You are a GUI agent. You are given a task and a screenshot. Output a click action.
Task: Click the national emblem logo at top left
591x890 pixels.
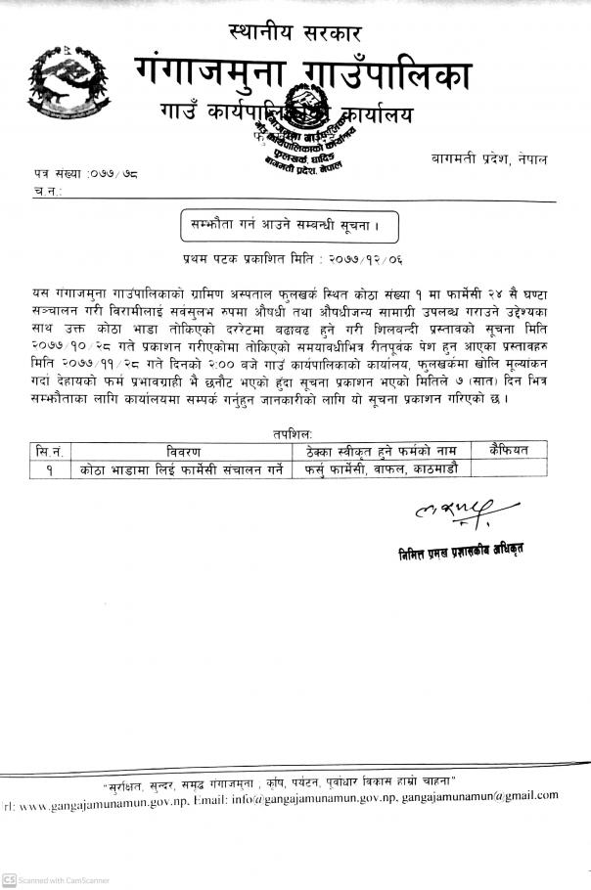coord(73,83)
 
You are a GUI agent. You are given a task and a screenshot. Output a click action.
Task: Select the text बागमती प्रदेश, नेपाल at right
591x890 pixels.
coord(489,158)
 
